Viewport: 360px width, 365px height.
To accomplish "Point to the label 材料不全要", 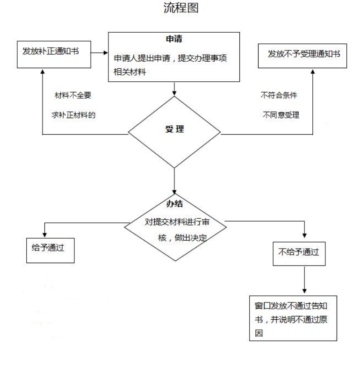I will click(x=73, y=95).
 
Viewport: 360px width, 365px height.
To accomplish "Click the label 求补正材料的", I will click(x=74, y=115).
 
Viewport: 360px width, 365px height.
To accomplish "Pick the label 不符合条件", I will click(x=279, y=95).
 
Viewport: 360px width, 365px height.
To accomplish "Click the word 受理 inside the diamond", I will click(x=174, y=129).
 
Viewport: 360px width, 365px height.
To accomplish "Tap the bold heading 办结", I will click(x=174, y=204).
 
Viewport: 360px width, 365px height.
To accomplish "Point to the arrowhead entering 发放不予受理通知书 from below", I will click(x=313, y=72).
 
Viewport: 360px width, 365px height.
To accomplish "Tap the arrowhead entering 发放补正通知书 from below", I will click(x=43, y=72).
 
